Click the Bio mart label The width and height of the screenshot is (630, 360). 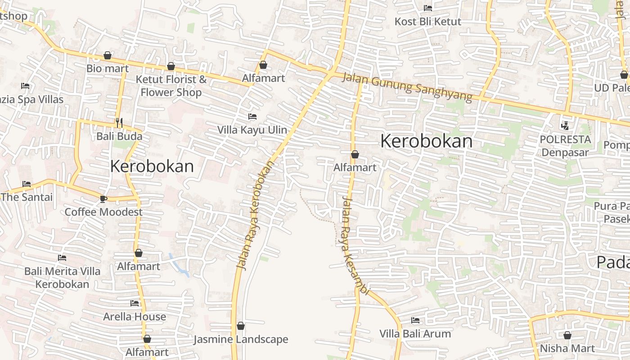pos(108,69)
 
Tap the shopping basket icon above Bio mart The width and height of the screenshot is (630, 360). pos(108,55)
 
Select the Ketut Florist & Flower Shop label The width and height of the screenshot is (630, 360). pos(171,86)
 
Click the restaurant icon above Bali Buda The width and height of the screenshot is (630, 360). pos(119,122)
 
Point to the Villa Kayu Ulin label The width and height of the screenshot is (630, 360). pos(252,130)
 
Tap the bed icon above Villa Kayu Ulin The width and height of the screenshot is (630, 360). pos(252,117)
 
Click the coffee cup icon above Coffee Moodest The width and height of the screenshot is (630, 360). pos(103,198)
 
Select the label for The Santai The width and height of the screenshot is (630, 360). pos(27,197)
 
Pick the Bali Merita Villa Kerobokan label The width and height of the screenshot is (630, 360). pos(62,278)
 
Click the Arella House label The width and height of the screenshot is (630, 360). pos(135,317)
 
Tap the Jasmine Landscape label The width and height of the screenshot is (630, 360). pos(241,339)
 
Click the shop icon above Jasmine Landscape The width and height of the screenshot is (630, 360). pos(241,326)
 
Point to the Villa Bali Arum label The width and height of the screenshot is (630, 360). pos(415,334)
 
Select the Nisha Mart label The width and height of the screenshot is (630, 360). pos(567,348)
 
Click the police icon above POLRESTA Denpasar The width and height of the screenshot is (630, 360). pos(565,126)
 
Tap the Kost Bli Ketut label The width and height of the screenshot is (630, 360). pos(427,22)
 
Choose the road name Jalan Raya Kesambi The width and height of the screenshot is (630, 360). pos(354,246)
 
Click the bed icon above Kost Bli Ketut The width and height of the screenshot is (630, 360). pos(427,8)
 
